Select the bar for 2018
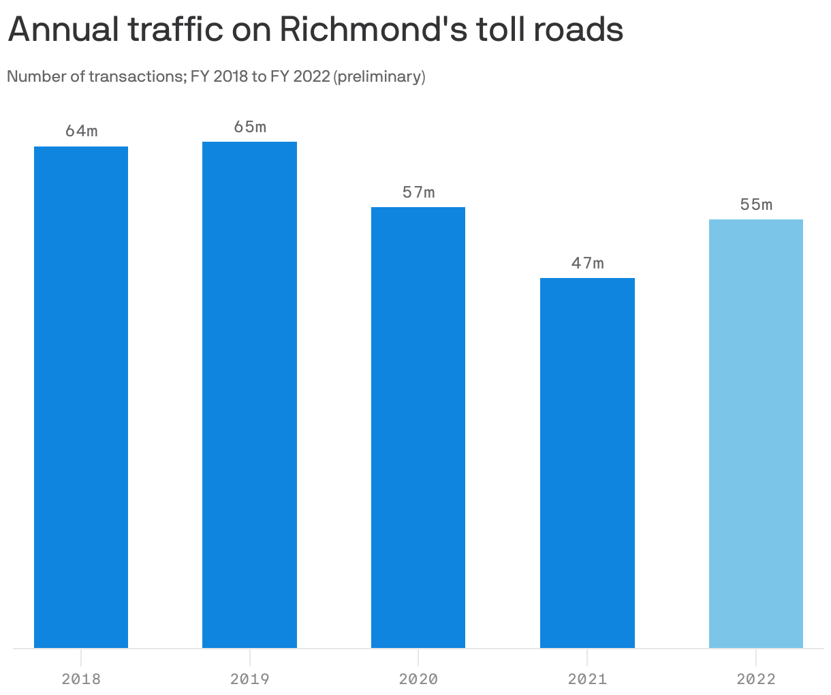(81, 397)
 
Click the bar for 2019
(249, 395)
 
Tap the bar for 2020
(418, 427)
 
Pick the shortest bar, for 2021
(587, 463)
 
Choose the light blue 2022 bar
(756, 433)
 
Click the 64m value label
(82, 131)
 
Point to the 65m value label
(250, 126)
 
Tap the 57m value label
(418, 192)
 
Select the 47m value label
(587, 263)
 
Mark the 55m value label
(756, 204)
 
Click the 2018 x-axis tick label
(81, 679)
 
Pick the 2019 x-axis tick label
(249, 679)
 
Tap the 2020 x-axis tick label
(418, 679)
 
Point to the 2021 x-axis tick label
(587, 679)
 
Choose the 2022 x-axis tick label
(756, 679)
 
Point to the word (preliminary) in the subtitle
(379, 76)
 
